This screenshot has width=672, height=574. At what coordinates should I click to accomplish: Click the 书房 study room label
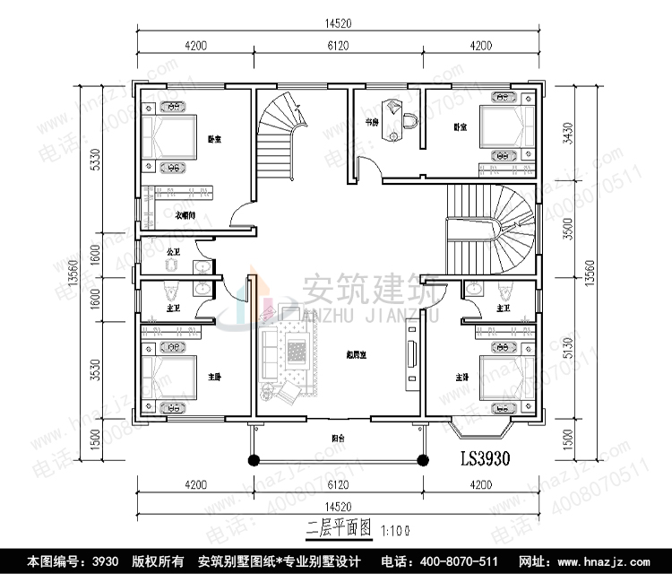(x=370, y=121)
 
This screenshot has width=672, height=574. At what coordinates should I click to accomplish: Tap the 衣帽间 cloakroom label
(x=185, y=213)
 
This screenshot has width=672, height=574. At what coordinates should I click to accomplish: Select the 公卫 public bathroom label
(x=175, y=251)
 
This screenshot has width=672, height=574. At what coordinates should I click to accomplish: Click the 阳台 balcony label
(x=336, y=439)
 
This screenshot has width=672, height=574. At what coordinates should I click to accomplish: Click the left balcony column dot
(x=254, y=459)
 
